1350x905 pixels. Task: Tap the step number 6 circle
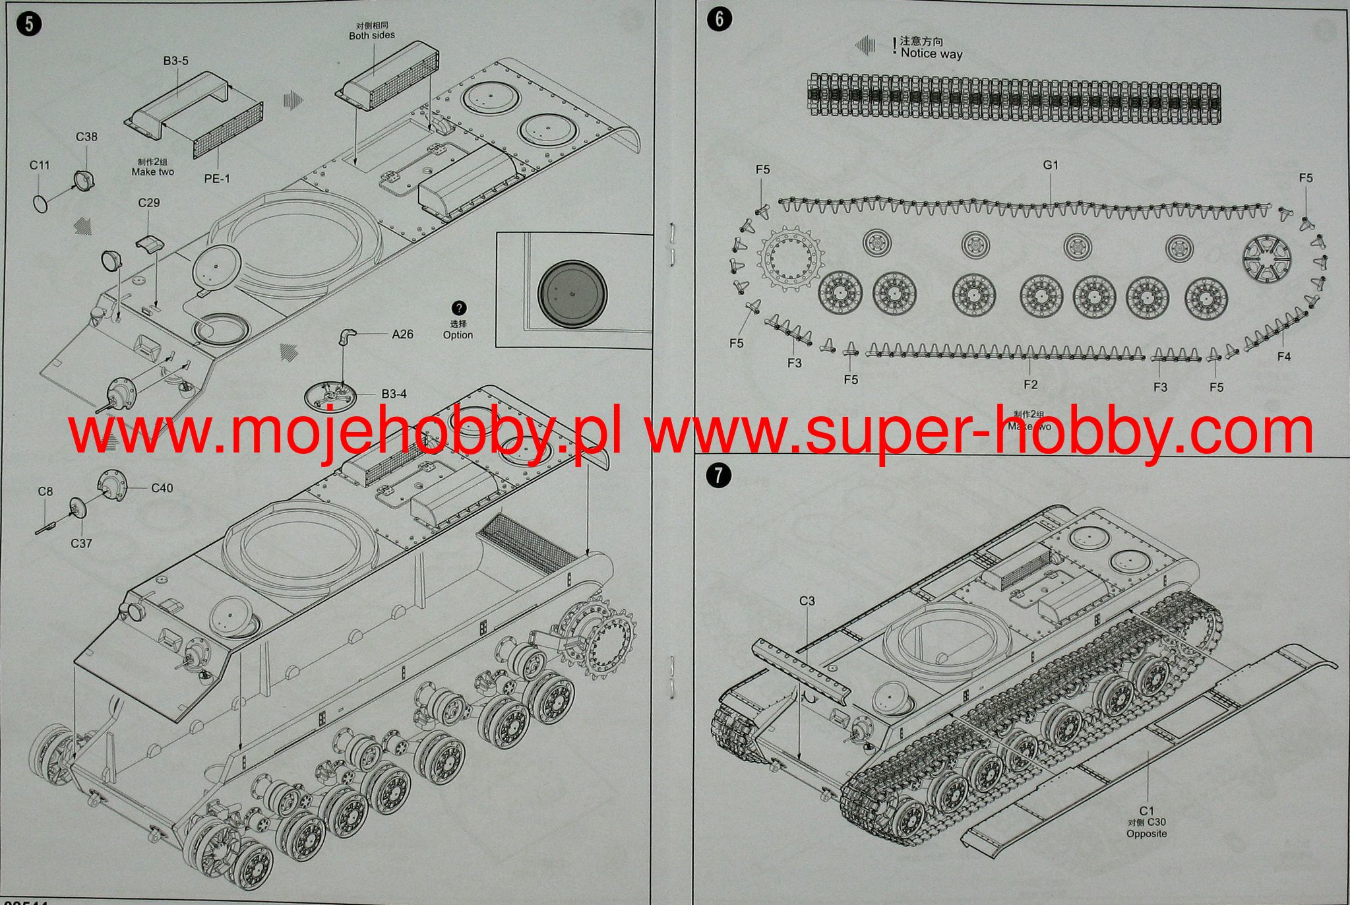719,18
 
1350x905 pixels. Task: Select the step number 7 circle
718,476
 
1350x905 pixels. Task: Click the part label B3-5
176,61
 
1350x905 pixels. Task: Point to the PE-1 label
217,178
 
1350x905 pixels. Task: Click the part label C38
86,137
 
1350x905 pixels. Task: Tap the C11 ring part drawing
41,203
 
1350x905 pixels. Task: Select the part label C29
149,203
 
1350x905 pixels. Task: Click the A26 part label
402,334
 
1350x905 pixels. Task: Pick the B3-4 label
394,394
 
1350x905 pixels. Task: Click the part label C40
162,488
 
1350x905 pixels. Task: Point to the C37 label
81,544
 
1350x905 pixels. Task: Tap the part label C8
45,491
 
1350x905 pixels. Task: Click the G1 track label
1051,165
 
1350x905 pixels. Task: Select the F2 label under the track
1030,384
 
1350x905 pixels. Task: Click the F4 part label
1283,356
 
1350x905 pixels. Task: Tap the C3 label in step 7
807,601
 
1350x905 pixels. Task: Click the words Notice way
931,53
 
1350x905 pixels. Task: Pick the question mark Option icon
458,308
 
